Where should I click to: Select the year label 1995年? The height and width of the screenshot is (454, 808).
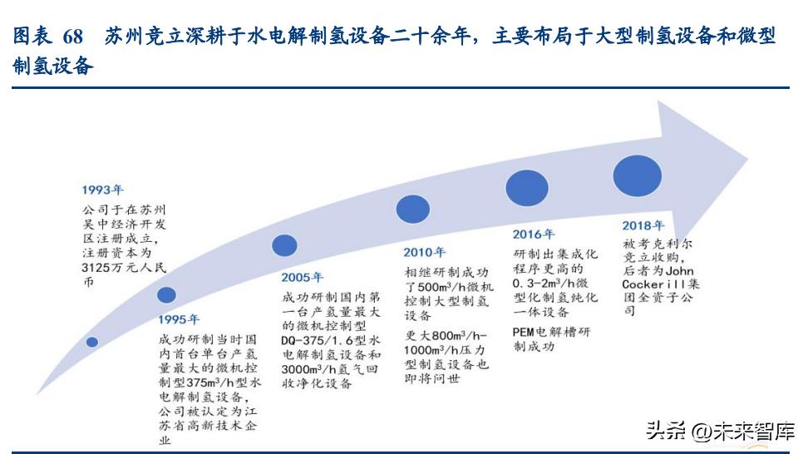coord(179,318)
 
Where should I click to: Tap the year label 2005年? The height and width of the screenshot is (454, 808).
coord(303,277)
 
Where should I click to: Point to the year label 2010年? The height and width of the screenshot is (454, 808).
coord(425,252)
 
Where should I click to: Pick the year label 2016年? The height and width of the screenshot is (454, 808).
coord(533,234)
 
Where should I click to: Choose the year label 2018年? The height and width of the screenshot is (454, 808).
coord(643,225)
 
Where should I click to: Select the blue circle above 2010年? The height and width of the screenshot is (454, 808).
coord(413,209)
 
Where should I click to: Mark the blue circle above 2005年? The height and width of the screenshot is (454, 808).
coord(284,244)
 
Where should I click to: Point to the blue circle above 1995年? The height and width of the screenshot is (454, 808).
coord(166,294)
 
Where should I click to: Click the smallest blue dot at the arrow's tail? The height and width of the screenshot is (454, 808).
coord(92,341)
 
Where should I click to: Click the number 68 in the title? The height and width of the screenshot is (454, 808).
coord(72,37)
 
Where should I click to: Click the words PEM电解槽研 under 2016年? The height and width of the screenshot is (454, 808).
coord(551,332)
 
